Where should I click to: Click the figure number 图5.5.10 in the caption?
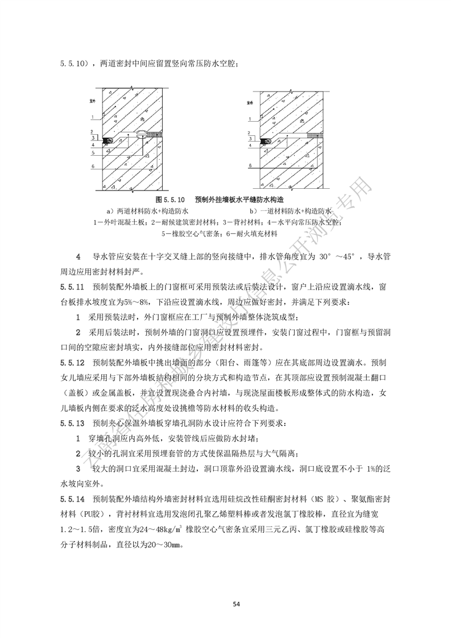171,200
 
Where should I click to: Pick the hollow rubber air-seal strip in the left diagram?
140,134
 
